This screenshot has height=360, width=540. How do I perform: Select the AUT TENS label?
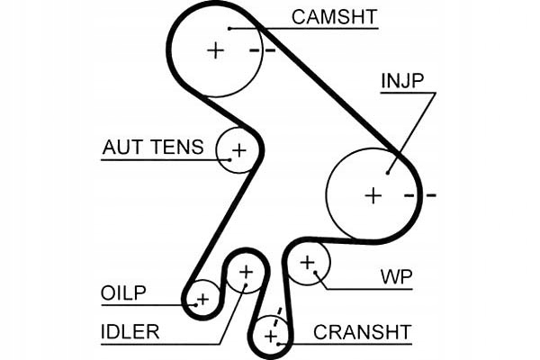(x=153, y=148)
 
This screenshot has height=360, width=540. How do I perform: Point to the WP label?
(x=397, y=276)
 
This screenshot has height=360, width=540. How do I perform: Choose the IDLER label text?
(x=130, y=332)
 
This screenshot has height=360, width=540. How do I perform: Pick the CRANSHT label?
(x=362, y=332)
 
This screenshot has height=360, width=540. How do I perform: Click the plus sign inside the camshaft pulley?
(x=214, y=50)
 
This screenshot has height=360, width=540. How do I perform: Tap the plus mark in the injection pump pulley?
(x=373, y=194)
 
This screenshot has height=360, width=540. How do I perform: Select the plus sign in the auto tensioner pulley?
(x=238, y=149)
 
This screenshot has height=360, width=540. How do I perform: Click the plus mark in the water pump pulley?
(x=308, y=263)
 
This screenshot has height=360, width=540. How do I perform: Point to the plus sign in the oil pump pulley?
(x=202, y=298)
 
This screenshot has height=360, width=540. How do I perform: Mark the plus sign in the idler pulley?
(x=246, y=271)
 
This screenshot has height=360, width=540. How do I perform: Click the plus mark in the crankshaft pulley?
(x=270, y=337)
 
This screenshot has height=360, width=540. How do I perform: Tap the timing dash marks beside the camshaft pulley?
(x=262, y=50)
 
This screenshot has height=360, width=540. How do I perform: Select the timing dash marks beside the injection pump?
(x=419, y=194)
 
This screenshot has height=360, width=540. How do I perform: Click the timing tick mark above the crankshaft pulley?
(x=279, y=314)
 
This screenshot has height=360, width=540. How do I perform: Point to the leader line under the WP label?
(x=378, y=289)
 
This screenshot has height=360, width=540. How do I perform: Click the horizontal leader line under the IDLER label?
(x=162, y=344)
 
